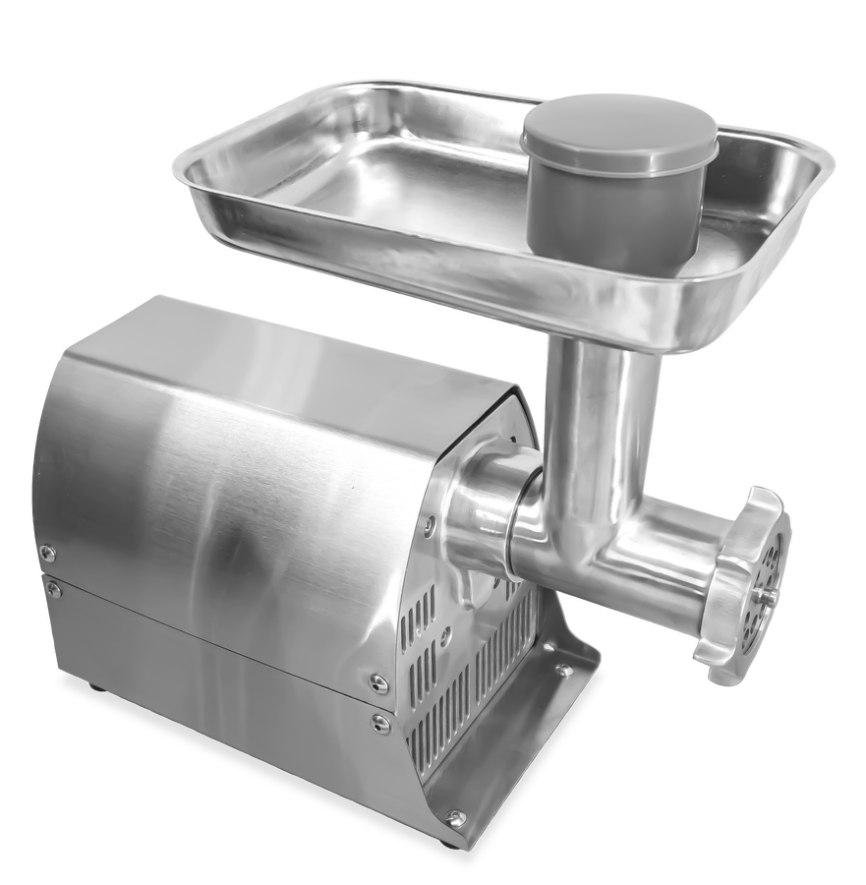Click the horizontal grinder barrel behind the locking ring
pos(668,551)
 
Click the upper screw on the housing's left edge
pos(47,554)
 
